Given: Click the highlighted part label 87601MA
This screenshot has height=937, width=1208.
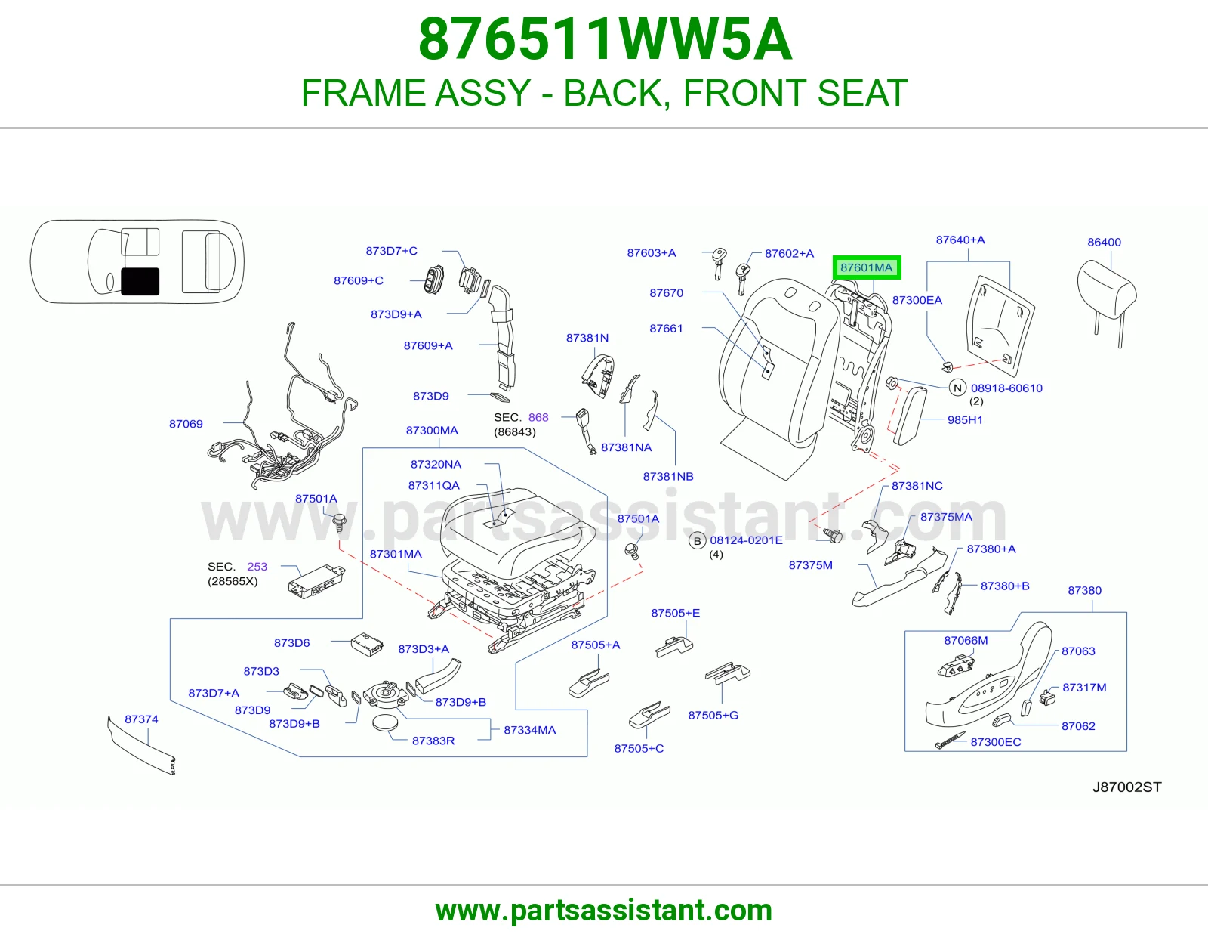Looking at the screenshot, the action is point(866,267).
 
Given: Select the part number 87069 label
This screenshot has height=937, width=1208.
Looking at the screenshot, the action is point(186,424).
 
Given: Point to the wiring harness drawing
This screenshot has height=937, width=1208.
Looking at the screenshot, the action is point(281,412).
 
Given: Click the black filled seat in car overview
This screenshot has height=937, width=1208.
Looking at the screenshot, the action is point(140,282).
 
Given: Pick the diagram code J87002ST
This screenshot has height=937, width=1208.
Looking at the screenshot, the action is point(1126,787).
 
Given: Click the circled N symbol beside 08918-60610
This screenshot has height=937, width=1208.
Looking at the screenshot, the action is point(957,388).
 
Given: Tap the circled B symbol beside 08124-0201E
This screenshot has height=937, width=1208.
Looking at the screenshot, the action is point(697,541).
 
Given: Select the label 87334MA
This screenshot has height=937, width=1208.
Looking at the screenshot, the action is point(529,730).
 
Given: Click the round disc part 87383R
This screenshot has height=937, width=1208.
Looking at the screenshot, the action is point(385,723).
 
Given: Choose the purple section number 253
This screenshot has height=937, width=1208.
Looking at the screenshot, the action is point(257,567).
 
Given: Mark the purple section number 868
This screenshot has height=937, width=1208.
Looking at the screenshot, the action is point(538,417).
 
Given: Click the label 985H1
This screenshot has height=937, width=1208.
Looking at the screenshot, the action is point(965,420).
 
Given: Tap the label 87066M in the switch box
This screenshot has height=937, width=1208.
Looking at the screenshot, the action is point(966,641).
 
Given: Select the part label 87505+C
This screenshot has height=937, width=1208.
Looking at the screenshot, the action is point(639,748).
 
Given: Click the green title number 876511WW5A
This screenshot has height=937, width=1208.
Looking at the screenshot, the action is point(605,39).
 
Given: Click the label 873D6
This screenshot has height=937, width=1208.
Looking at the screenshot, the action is point(292,643).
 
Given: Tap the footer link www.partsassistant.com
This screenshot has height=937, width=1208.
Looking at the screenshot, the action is point(604,911).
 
